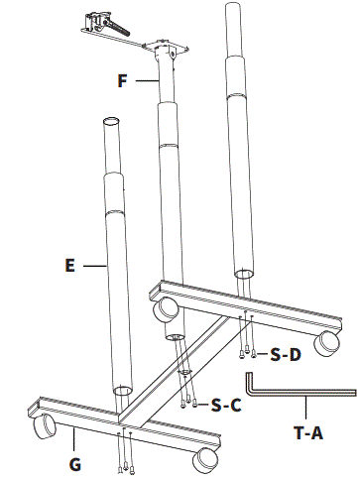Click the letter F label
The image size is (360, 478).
123,81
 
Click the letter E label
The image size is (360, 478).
70,266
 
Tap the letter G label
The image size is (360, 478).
75,465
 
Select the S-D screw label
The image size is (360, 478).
286,355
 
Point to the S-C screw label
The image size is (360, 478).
226,406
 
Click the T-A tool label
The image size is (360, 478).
308,432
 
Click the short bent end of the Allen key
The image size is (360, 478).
249,383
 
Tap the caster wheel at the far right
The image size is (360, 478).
326,343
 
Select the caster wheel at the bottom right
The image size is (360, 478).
205,460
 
